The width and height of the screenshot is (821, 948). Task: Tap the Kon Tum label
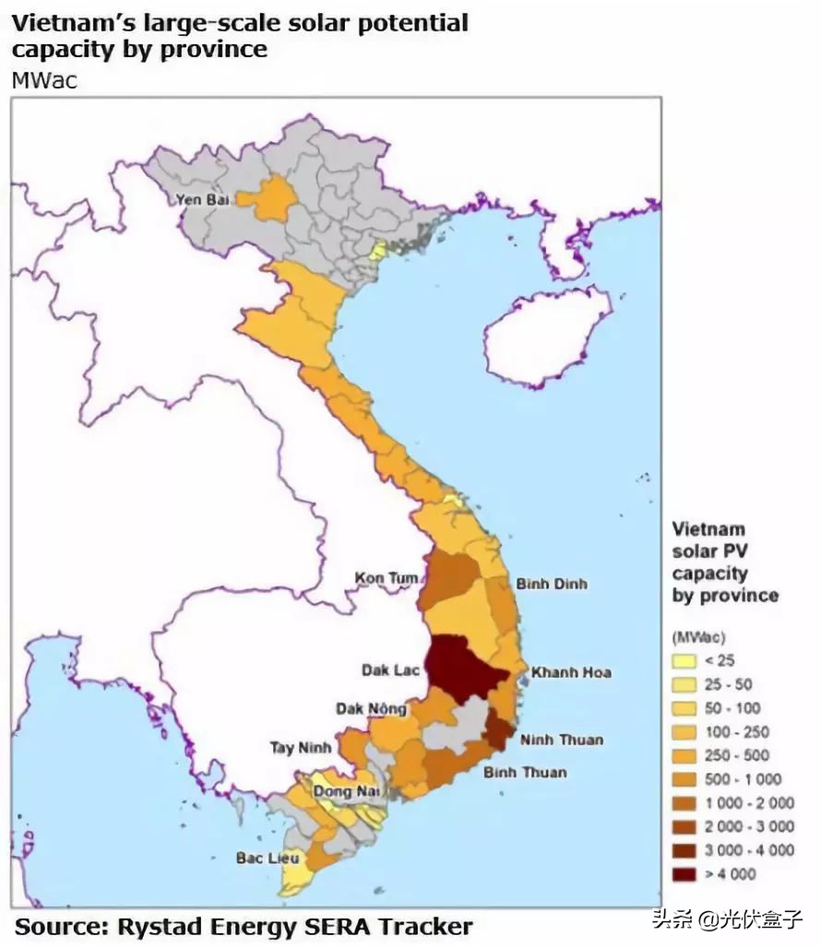coord(386,579)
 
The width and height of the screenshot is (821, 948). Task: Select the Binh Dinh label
coord(551,584)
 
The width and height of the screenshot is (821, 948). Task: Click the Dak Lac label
coord(389,670)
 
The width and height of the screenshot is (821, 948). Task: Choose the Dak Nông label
coord(371,709)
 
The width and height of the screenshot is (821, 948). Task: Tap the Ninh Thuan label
coord(561,740)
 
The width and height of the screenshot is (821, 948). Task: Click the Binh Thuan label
coord(525,772)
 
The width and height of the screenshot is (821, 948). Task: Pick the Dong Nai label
coord(347,791)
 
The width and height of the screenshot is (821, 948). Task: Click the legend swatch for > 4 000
coord(685,874)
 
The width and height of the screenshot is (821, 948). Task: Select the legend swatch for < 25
coord(685,660)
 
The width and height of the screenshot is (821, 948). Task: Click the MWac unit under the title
coord(44,80)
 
